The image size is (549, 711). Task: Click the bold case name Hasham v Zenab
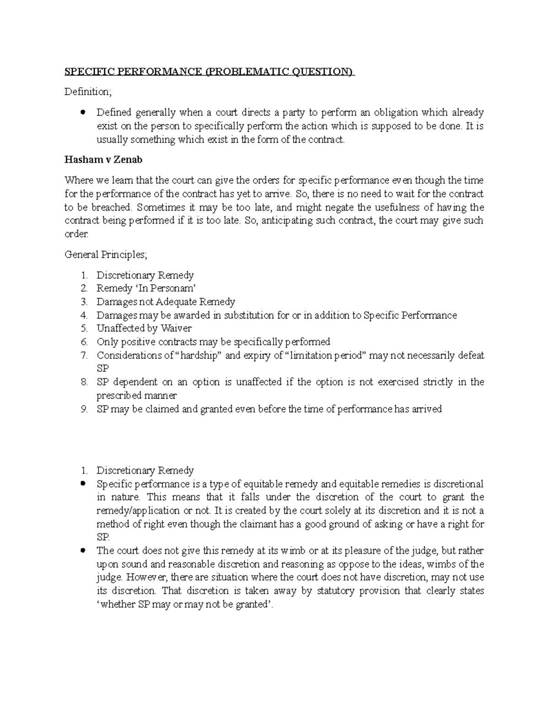103,160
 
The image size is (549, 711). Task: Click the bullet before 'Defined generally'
83,112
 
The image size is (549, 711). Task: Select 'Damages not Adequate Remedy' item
166,302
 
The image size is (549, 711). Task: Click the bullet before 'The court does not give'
83,550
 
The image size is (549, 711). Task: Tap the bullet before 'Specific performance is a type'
83,483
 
